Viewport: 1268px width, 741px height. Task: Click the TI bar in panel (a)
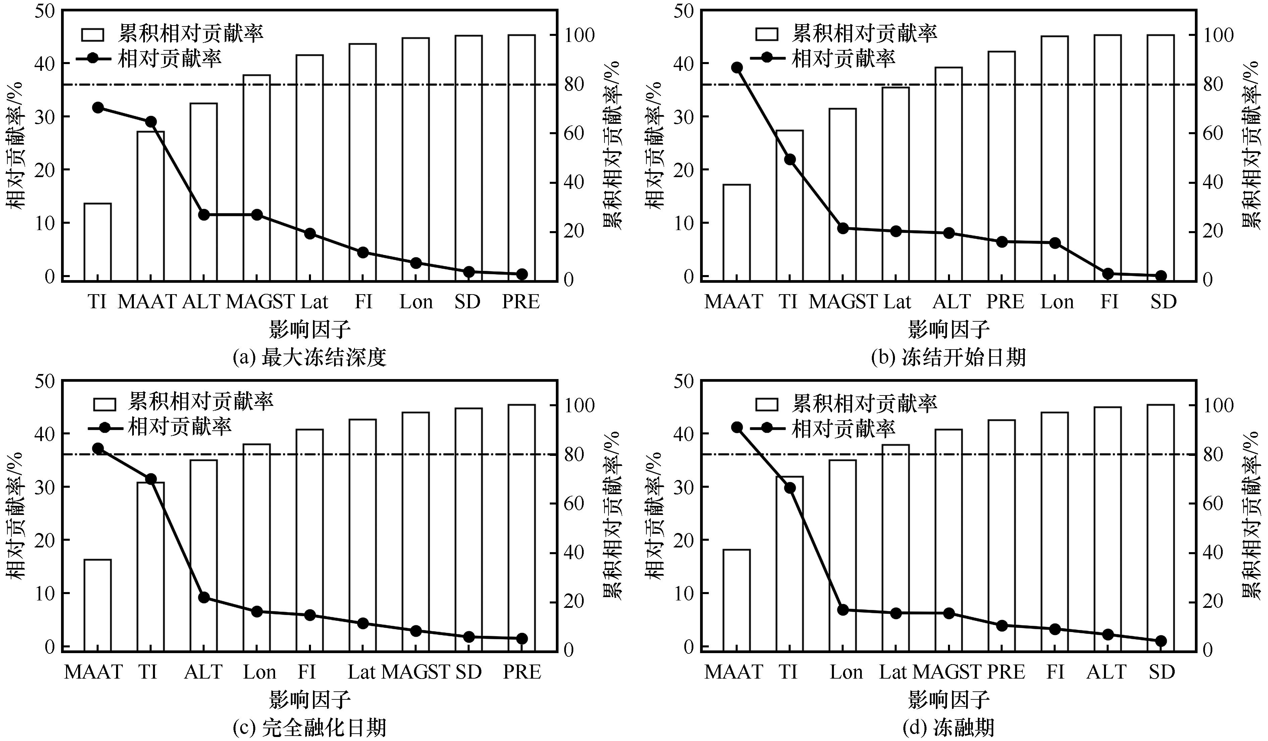[98, 242]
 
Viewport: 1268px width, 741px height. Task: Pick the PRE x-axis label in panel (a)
[521, 302]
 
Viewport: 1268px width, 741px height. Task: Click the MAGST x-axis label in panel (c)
[416, 672]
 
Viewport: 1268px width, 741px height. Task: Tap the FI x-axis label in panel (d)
[1055, 672]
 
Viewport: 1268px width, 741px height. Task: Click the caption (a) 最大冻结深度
[309, 358]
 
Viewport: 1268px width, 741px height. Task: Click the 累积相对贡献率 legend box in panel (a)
[92, 35]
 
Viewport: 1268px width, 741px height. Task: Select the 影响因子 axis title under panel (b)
[949, 330]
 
